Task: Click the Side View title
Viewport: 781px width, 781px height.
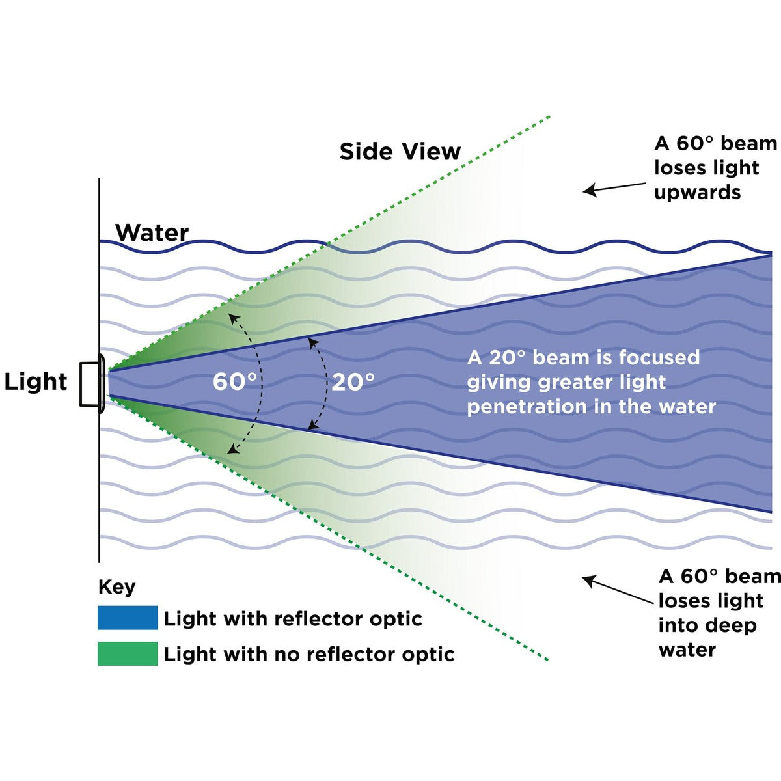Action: (x=400, y=152)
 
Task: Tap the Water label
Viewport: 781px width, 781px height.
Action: (x=152, y=232)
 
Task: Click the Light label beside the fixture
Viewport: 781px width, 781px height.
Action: (x=36, y=381)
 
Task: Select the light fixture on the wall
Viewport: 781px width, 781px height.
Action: (x=92, y=384)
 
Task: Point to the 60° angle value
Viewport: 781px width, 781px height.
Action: (x=234, y=382)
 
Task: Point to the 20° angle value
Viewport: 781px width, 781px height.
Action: (x=353, y=382)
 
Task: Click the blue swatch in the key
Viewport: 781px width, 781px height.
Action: (x=128, y=618)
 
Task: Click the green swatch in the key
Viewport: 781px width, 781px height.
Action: (x=128, y=653)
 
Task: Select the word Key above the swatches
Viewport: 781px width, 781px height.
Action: (x=116, y=587)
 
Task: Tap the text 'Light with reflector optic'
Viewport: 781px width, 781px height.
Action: (x=293, y=618)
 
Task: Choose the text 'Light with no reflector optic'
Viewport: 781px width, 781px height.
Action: (x=309, y=654)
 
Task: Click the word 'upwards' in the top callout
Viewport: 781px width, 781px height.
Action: (x=697, y=193)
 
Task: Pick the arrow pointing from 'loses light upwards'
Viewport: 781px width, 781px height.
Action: (x=614, y=188)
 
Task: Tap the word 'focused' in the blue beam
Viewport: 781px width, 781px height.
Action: (x=659, y=357)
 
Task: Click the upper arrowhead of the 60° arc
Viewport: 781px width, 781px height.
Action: (x=232, y=316)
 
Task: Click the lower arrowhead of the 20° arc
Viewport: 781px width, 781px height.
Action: (x=312, y=427)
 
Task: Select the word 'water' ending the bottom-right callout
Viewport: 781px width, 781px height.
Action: (x=687, y=650)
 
